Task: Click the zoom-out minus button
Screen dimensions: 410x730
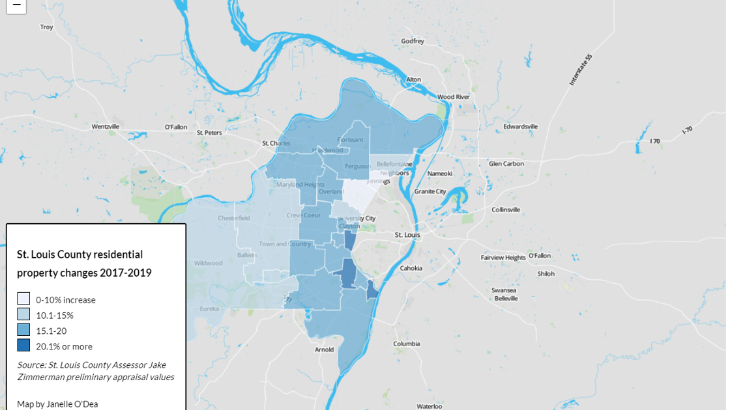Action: pos(16,5)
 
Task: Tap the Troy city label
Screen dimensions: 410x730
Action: pos(46,27)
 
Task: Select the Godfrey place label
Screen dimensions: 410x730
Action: pos(413,41)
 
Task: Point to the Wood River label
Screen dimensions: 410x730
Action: pos(454,97)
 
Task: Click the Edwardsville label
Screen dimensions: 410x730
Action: pos(521,126)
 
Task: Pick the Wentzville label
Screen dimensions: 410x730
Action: pos(106,126)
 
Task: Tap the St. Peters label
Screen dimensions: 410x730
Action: pos(209,132)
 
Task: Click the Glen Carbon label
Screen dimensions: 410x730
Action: pos(506,163)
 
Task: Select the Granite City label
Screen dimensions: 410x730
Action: pos(430,191)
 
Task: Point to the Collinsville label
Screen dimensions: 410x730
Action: pos(506,210)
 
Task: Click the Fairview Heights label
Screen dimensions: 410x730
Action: pos(503,258)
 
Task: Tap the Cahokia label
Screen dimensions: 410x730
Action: pos(411,268)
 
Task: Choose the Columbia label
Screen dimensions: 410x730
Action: pos(407,344)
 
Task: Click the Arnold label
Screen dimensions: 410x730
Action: pos(324,349)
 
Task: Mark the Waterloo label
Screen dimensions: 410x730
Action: pos(430,406)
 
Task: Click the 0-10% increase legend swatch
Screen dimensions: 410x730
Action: pos(23,299)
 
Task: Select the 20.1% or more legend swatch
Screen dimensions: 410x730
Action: pos(23,346)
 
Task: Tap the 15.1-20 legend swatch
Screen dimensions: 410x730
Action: pos(23,330)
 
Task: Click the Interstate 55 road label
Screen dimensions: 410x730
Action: pos(580,70)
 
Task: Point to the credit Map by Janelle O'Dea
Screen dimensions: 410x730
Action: pos(57,404)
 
